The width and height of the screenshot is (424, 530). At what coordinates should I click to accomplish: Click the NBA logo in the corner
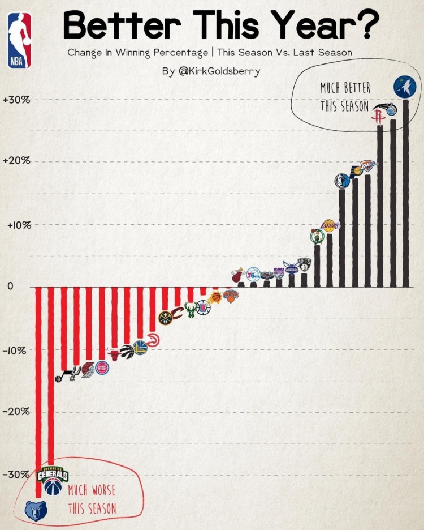pos(19,40)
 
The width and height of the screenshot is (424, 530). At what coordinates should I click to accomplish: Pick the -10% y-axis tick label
pos(15,349)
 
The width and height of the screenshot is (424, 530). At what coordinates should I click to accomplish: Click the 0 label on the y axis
pos(10,287)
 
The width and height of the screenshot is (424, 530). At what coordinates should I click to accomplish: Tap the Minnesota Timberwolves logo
pos(405,87)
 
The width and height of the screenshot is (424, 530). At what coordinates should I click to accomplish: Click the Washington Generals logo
pos(53,475)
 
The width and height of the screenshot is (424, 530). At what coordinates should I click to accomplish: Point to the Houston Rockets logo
pos(377,117)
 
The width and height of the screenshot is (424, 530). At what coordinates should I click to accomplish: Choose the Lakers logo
pos(330,226)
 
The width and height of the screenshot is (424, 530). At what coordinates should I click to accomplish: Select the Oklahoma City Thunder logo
pos(367,165)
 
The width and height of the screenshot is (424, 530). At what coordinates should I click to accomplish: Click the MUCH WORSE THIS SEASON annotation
pos(92,499)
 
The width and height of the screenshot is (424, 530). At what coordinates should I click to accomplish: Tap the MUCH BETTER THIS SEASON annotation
pos(345,97)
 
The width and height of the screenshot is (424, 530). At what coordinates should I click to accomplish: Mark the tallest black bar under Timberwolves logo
pos(405,193)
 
